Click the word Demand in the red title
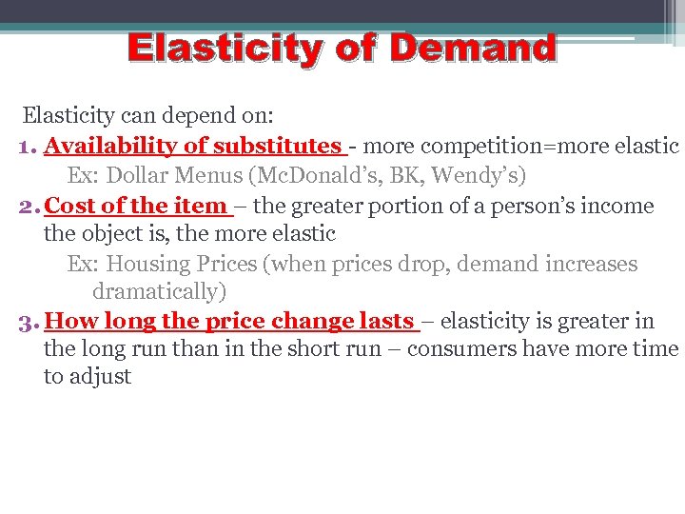pos(472,48)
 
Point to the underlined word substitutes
pos(277,147)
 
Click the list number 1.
pos(27,148)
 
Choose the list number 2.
pos(27,207)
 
